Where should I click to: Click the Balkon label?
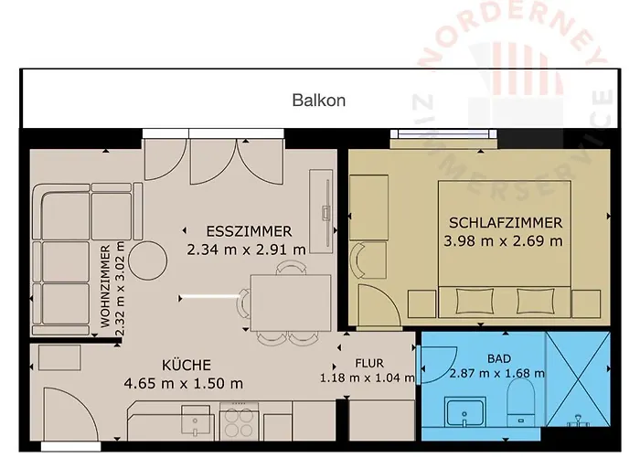pos(319,101)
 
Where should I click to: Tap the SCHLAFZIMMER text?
pos(506,223)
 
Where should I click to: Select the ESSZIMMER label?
pos(249,231)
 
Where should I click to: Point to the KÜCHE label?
pos(187,365)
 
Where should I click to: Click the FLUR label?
pos(369,363)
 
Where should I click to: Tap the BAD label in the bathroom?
pos(499,358)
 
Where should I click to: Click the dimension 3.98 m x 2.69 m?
pos(503,241)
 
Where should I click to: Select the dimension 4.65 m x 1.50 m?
pos(183,384)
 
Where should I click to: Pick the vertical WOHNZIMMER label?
pos(105,286)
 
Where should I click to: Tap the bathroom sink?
pos(464,411)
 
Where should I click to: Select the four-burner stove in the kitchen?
pos(239,421)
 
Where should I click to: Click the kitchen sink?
pos(196,420)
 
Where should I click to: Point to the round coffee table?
pos(148,260)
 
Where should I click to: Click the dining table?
pos(291,303)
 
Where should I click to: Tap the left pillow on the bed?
pos(474,301)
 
